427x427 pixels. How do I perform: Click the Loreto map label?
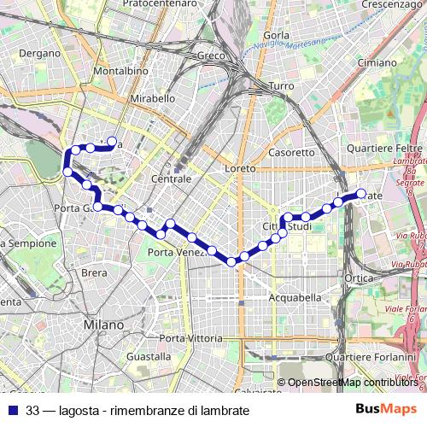click(x=240, y=169)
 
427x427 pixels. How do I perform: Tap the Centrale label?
click(x=171, y=179)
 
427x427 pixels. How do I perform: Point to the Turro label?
click(x=281, y=86)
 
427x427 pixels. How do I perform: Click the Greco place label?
click(x=210, y=56)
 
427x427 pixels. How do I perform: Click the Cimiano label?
click(x=377, y=62)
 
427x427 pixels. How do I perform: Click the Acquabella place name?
click(x=295, y=298)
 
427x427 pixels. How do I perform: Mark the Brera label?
click(x=94, y=273)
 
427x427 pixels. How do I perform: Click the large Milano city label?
click(x=104, y=325)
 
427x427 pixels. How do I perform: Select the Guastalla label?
click(x=148, y=355)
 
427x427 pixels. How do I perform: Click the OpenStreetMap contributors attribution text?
click(x=352, y=383)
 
